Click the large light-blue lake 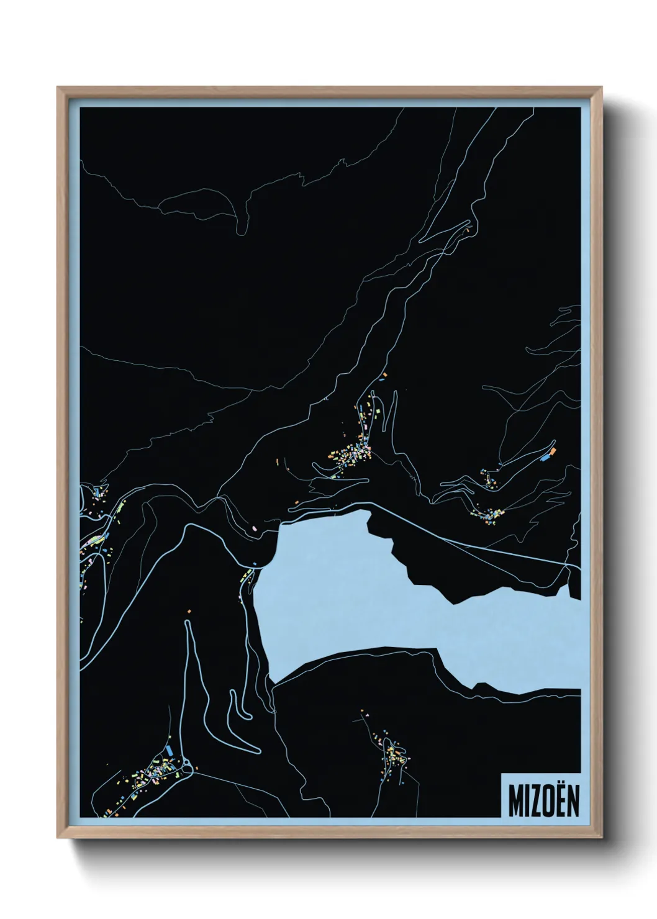tap(348, 596)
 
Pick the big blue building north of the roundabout tap(169, 751)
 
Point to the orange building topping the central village tap(384, 376)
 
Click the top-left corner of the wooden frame tap(58, 88)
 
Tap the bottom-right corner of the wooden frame tap(602, 838)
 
